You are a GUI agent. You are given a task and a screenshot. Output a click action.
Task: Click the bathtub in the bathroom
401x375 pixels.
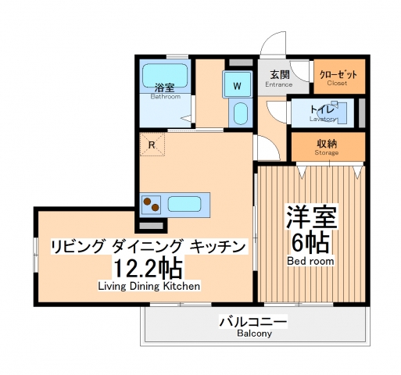point(166,77)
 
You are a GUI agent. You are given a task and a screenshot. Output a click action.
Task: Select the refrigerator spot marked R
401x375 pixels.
point(153,144)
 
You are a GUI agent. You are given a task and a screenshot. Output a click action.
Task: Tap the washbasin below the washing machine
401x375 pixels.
point(241,113)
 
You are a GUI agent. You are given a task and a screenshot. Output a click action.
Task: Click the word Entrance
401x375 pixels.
point(278,84)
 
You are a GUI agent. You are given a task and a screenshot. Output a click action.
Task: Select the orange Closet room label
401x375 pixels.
point(338,75)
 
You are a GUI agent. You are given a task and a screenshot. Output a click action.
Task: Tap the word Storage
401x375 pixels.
point(327,152)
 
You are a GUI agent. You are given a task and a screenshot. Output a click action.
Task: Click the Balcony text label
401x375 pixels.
point(254,334)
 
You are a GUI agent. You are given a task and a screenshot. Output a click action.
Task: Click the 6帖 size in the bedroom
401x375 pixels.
point(310,239)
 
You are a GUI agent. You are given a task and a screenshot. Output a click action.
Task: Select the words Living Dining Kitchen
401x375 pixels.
point(149,286)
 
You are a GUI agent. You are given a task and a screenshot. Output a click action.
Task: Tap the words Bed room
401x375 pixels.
point(310,260)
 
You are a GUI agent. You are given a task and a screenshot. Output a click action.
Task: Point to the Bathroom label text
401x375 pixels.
point(165,97)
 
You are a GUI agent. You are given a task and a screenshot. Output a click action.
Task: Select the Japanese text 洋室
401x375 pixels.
point(310,215)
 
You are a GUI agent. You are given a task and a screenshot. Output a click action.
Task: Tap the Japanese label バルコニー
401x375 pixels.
point(253,320)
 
